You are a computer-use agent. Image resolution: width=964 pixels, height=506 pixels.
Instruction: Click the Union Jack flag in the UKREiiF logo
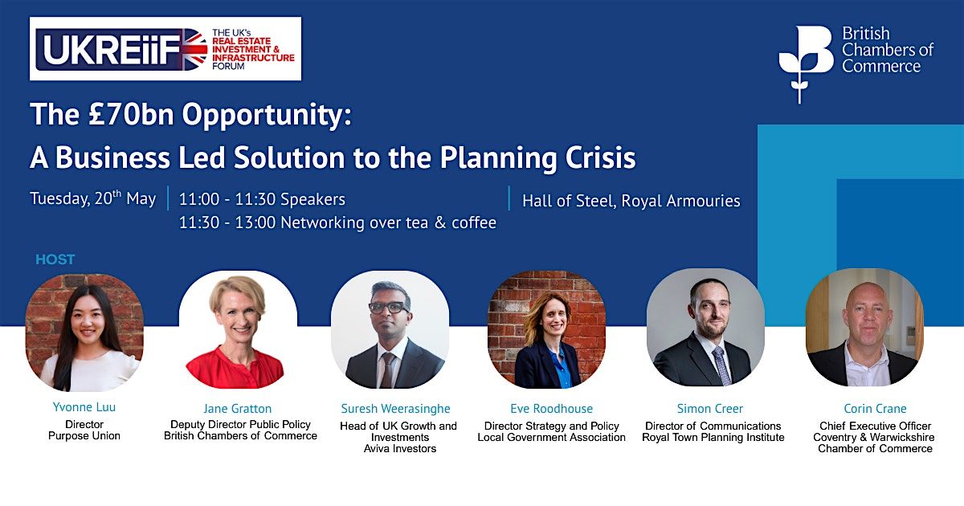click(194, 49)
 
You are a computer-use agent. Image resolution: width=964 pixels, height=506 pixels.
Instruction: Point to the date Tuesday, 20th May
click(93, 198)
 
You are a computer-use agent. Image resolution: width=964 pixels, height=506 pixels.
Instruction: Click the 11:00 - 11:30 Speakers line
click(262, 199)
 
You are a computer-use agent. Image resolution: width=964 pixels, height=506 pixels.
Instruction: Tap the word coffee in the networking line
click(474, 222)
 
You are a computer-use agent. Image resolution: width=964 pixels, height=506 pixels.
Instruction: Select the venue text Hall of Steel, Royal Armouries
click(631, 201)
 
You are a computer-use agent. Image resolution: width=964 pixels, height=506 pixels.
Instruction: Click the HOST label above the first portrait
click(55, 259)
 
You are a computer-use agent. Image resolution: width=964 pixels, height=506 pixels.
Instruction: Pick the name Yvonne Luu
click(84, 407)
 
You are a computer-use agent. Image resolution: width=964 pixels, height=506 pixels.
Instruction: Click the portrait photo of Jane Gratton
click(238, 329)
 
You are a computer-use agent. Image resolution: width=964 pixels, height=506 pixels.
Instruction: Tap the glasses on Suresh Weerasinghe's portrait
click(389, 307)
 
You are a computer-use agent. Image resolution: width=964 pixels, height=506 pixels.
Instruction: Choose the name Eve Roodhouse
click(551, 408)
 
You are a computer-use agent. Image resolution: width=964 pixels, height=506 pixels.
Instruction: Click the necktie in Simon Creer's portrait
click(722, 366)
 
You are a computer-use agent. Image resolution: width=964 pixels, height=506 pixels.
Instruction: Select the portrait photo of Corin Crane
click(864, 328)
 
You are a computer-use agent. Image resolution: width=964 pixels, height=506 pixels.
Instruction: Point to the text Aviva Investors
click(400, 448)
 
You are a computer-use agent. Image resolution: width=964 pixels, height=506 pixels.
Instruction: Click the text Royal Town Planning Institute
click(713, 437)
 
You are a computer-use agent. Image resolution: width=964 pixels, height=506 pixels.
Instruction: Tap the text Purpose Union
click(84, 435)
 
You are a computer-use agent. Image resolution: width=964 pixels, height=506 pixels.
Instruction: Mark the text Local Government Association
click(551, 437)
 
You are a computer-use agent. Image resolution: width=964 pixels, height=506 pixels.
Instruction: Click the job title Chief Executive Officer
click(875, 426)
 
